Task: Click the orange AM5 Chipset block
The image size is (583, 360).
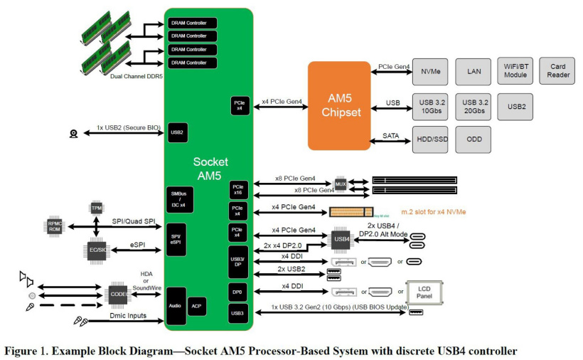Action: pyautogui.click(x=338, y=105)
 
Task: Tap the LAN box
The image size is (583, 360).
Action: pyautogui.click(x=474, y=72)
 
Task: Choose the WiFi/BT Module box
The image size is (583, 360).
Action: pyautogui.click(x=515, y=72)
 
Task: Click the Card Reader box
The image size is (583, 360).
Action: pyautogui.click(x=558, y=72)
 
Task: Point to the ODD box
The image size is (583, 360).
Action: pyautogui.click(x=474, y=139)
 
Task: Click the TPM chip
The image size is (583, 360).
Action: pyautogui.click(x=97, y=208)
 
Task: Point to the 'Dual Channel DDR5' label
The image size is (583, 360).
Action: pyautogui.click(x=137, y=75)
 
